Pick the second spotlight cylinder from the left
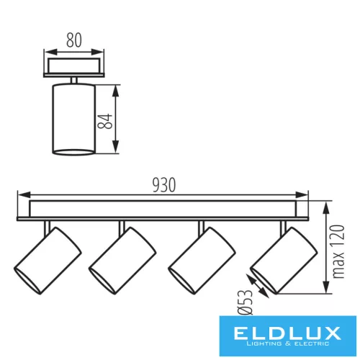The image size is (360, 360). tap(123, 261)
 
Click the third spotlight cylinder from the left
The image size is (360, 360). tap(202, 261)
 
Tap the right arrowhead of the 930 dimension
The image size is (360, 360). tap(305, 195)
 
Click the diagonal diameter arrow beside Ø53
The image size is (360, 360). tap(261, 283)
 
